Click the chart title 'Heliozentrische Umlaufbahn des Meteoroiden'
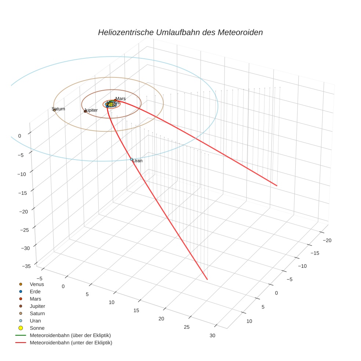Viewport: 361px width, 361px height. coord(180,32)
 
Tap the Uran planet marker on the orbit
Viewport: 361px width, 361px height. coord(131,159)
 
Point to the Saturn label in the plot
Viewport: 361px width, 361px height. coord(58,109)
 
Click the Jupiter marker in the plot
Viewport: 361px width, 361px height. coord(85,111)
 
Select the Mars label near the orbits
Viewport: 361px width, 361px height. coord(120,99)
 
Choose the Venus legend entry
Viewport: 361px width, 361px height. coord(37,284)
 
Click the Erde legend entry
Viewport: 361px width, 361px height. coord(35,291)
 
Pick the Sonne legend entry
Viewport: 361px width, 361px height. coord(37,328)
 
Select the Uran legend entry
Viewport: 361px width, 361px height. coord(35,321)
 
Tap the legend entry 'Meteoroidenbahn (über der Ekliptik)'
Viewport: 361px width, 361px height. coord(70,335)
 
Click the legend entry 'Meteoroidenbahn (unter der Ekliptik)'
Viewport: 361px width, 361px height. coord(71,343)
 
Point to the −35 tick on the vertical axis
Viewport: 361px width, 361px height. coord(26,266)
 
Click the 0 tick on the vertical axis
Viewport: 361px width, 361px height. coord(19,136)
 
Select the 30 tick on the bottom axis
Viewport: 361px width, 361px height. coord(212,335)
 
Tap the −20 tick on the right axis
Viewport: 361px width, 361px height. coord(327,240)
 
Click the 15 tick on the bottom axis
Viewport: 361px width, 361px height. coord(136,310)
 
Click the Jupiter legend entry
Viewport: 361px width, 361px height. coord(37,306)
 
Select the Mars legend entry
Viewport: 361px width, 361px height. coord(35,299)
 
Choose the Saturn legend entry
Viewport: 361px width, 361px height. coord(37,313)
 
